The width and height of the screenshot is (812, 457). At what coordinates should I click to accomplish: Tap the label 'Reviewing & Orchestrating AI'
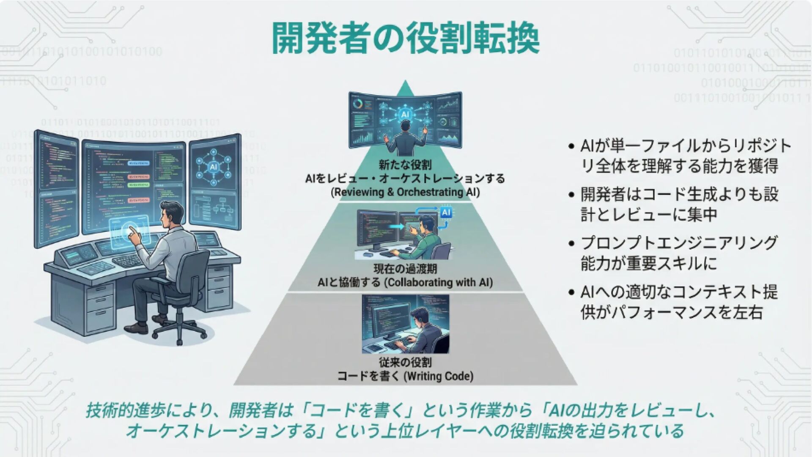click(405, 193)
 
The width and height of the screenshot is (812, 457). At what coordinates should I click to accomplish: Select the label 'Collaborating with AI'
click(438, 282)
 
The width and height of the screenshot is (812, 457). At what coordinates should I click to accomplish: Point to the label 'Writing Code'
click(439, 376)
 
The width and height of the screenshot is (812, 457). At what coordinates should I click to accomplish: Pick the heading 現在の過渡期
click(405, 269)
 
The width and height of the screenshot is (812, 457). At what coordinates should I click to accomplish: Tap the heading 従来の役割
click(405, 363)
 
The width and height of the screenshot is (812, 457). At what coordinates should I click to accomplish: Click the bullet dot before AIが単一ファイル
click(571, 147)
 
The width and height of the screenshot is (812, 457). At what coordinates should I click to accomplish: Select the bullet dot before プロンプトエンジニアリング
click(571, 244)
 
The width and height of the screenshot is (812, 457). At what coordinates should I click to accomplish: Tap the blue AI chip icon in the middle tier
click(446, 212)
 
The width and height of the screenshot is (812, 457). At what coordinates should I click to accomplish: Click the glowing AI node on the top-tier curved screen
click(405, 114)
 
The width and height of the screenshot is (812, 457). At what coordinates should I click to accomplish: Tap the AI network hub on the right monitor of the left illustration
click(212, 166)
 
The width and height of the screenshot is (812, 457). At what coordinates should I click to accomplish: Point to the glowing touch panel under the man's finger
click(129, 231)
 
